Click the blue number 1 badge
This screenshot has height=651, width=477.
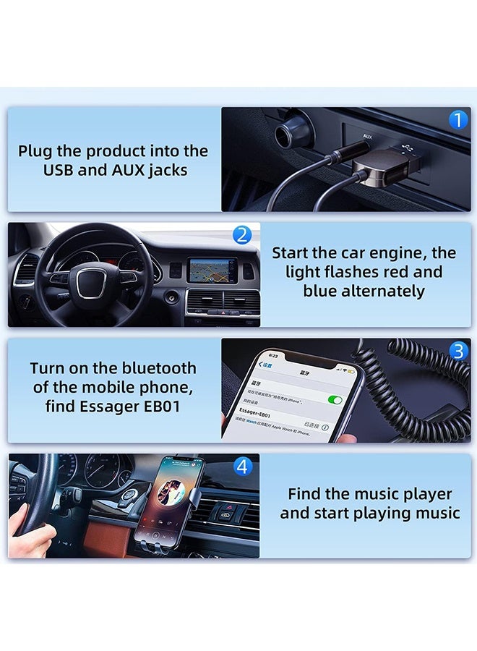[x=458, y=120]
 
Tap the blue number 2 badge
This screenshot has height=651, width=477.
[x=242, y=234]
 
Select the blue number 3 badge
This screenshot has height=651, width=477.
[x=458, y=351]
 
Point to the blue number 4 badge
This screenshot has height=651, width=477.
[x=242, y=467]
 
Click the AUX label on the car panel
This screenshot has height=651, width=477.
[x=368, y=136]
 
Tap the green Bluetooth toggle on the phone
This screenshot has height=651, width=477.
[x=335, y=399]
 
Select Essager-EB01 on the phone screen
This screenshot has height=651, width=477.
[x=254, y=414]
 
